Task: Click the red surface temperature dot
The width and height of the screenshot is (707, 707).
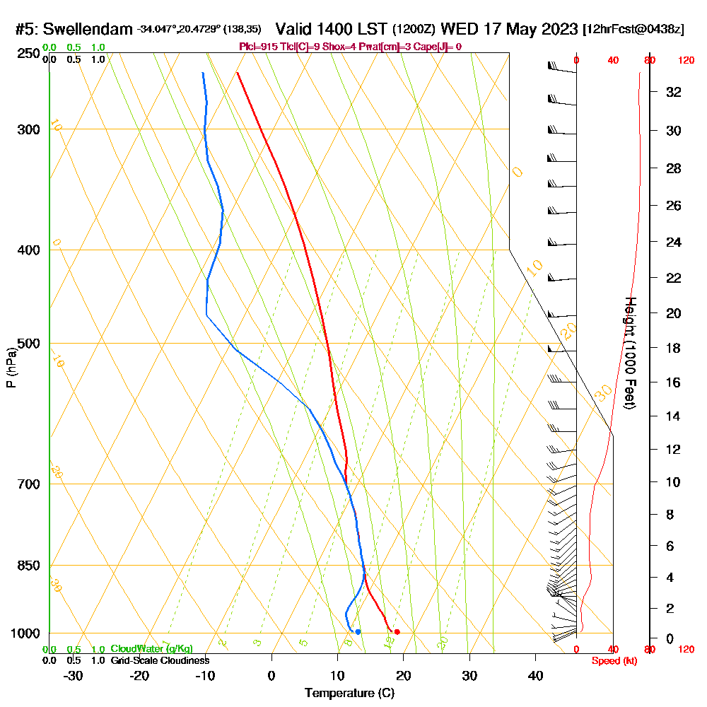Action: click(x=397, y=631)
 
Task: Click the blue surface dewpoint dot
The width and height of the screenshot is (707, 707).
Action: click(x=358, y=631)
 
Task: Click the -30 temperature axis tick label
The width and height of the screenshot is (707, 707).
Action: click(x=73, y=675)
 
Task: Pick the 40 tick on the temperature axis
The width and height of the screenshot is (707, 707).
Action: click(x=535, y=675)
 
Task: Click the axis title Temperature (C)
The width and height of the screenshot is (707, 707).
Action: click(x=349, y=693)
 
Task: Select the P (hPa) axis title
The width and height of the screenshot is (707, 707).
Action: click(x=11, y=367)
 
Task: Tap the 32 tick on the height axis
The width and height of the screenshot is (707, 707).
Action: click(x=674, y=92)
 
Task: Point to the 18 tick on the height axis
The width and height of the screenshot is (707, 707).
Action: click(x=674, y=348)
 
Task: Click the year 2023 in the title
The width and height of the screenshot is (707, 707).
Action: click(x=554, y=29)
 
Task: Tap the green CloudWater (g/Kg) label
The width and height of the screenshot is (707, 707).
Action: click(x=151, y=649)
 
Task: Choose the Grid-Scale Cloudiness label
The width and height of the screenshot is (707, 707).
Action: click(x=160, y=660)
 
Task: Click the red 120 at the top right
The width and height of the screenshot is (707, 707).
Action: click(x=686, y=60)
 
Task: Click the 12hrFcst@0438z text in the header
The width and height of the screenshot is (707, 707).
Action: click(x=633, y=30)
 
